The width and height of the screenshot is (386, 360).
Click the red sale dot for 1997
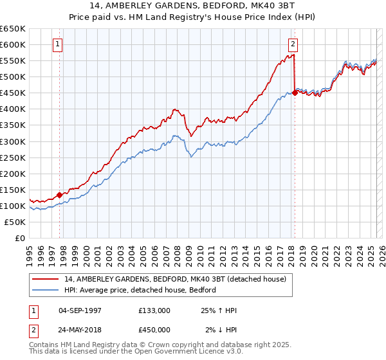coord(59,195)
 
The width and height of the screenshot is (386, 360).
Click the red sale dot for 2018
coord(295,93)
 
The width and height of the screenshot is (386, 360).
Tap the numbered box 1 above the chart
coord(58,44)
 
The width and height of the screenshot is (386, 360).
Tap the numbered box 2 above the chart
coord(293,44)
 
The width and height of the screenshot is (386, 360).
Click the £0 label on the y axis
coord(19,238)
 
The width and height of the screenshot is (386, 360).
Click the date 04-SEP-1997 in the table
coord(80,310)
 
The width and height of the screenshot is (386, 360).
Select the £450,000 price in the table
coord(154,330)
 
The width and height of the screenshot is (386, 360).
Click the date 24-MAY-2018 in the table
coord(80,330)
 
